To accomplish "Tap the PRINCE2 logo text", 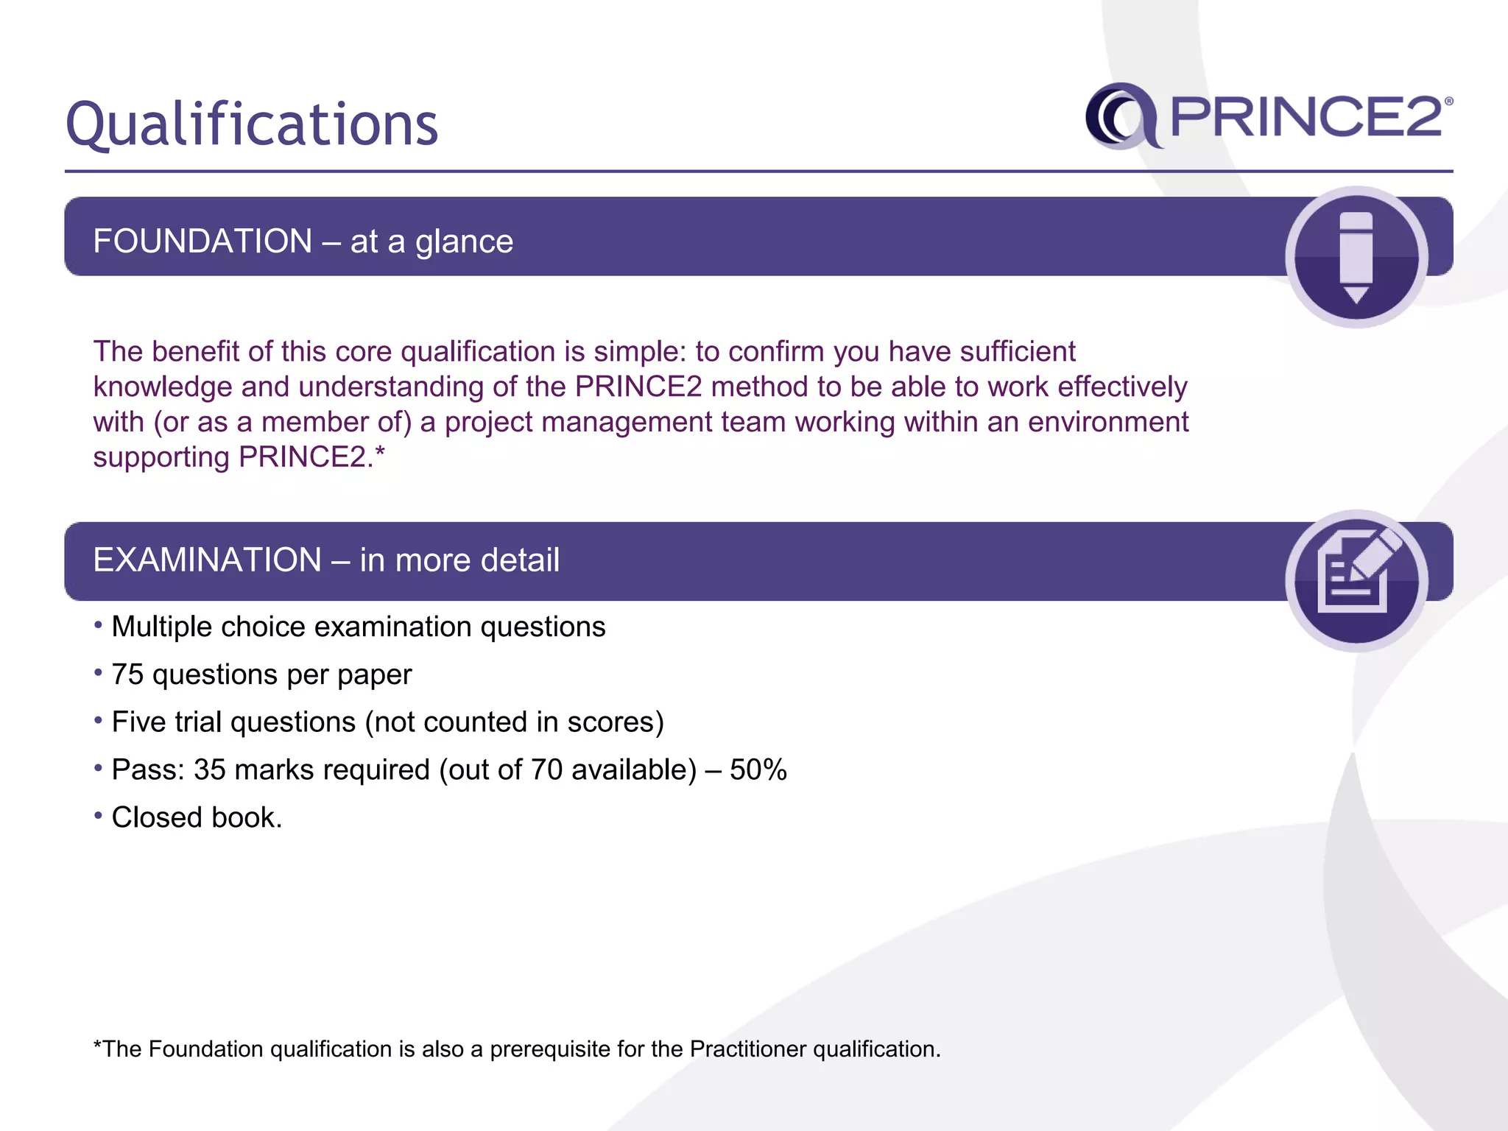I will coord(1306,117).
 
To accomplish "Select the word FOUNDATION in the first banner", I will coord(202,242).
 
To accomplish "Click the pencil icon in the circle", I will coord(1356,257).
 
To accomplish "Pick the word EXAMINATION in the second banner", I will coord(207,560).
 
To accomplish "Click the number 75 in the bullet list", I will coord(127,675).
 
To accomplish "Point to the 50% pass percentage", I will coord(758,770).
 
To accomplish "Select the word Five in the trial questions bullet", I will coord(138,722).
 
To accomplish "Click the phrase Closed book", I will coord(197,818).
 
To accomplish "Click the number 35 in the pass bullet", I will coord(209,770).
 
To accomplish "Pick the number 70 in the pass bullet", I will coord(546,770).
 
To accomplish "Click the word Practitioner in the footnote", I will coord(748,1049).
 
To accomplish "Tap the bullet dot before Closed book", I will coord(98,816).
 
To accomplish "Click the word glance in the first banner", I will coord(464,242).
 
